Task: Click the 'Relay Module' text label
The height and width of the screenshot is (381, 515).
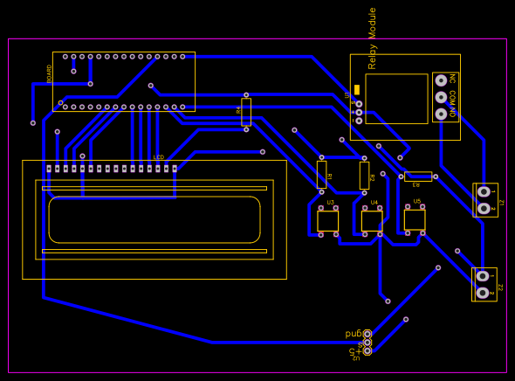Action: [x=373, y=38]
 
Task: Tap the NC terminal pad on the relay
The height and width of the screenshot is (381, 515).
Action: [x=441, y=80]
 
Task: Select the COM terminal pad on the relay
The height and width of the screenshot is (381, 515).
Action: [x=441, y=96]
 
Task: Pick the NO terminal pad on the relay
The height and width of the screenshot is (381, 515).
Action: [x=441, y=114]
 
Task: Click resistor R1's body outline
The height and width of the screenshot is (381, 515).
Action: [x=321, y=174]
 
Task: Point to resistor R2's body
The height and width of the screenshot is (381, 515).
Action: [x=364, y=175]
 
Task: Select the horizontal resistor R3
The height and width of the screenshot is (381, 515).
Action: [x=418, y=177]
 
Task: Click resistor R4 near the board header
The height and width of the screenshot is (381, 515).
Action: [x=246, y=112]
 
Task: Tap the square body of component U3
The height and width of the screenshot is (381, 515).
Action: [x=328, y=221]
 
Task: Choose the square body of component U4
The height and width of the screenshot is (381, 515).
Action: [x=372, y=221]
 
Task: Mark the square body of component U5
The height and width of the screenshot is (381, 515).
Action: [x=415, y=219]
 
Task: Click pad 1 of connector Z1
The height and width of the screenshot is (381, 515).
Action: [x=483, y=191]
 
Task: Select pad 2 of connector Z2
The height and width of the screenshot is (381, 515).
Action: [x=483, y=293]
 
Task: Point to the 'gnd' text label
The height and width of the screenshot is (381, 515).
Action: [x=354, y=333]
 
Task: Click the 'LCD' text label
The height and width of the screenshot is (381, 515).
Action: [x=158, y=157]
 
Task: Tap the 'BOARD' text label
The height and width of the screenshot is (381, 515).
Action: [x=50, y=73]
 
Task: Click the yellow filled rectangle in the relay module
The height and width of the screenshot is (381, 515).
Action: [x=357, y=90]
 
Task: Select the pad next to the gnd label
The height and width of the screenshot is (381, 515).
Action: [x=367, y=334]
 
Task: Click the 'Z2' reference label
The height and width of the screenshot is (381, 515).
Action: [x=500, y=287]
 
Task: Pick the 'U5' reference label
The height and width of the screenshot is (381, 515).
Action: [x=417, y=202]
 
